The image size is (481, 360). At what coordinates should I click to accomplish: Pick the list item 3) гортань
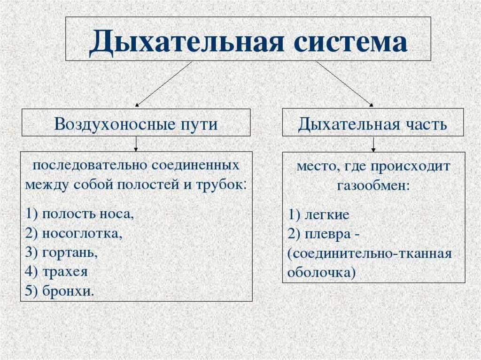click(62, 252)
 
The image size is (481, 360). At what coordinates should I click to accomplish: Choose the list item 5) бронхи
click(61, 291)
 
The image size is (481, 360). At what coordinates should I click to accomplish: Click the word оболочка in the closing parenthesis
click(320, 272)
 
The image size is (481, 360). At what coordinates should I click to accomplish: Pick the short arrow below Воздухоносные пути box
click(136, 144)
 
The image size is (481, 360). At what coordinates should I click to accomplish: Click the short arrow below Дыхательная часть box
click(373, 144)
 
